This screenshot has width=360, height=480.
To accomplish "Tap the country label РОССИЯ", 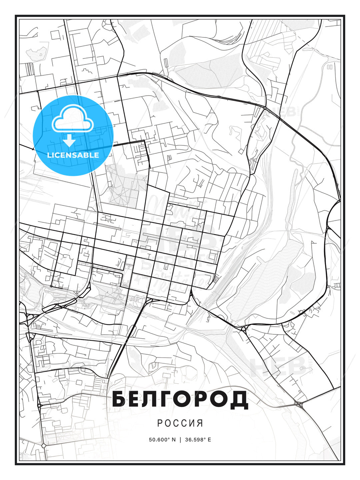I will pyautogui.click(x=180, y=423).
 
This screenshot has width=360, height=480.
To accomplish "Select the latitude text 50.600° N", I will pyautogui.click(x=162, y=439).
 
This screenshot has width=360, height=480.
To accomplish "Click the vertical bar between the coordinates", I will pyautogui.click(x=180, y=439).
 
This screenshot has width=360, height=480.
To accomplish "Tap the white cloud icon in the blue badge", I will pyautogui.click(x=72, y=118).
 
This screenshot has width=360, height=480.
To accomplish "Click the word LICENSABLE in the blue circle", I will pyautogui.click(x=73, y=155).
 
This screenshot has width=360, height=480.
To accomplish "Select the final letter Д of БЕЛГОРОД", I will pyautogui.click(x=240, y=399).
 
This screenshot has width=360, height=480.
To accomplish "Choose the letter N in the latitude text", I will pyautogui.click(x=173, y=439).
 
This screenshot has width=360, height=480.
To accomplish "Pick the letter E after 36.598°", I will pyautogui.click(x=209, y=439).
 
